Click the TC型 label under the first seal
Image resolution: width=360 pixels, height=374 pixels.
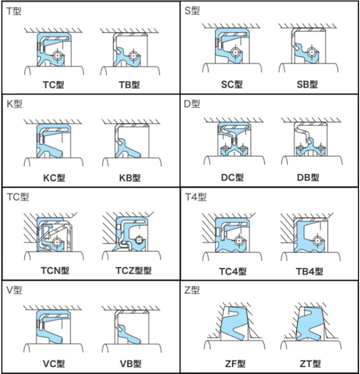[54, 84]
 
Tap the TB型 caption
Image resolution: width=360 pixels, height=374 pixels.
[129, 84]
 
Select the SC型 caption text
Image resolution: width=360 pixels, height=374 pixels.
[232, 84]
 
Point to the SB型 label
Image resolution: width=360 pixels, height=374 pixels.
[307, 84]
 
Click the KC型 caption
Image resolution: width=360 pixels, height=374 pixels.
[54, 178]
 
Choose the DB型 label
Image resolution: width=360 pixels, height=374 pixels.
[308, 177]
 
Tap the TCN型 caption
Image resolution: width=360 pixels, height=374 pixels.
[55, 270]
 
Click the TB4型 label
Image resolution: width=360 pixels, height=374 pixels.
[309, 271]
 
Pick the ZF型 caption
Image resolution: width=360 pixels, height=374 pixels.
[235, 364]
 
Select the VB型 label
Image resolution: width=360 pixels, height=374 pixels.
[130, 364]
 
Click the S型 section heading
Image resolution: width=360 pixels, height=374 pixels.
[192, 11]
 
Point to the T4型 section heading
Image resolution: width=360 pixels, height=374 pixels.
[196, 197]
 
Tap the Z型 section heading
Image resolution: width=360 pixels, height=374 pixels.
[192, 290]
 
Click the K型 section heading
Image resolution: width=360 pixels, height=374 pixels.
[14, 104]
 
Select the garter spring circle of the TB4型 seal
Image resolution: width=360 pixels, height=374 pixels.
[317, 241]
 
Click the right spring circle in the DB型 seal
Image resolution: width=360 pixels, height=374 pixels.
[320, 148]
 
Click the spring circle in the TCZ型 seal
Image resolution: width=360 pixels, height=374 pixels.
[139, 240]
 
